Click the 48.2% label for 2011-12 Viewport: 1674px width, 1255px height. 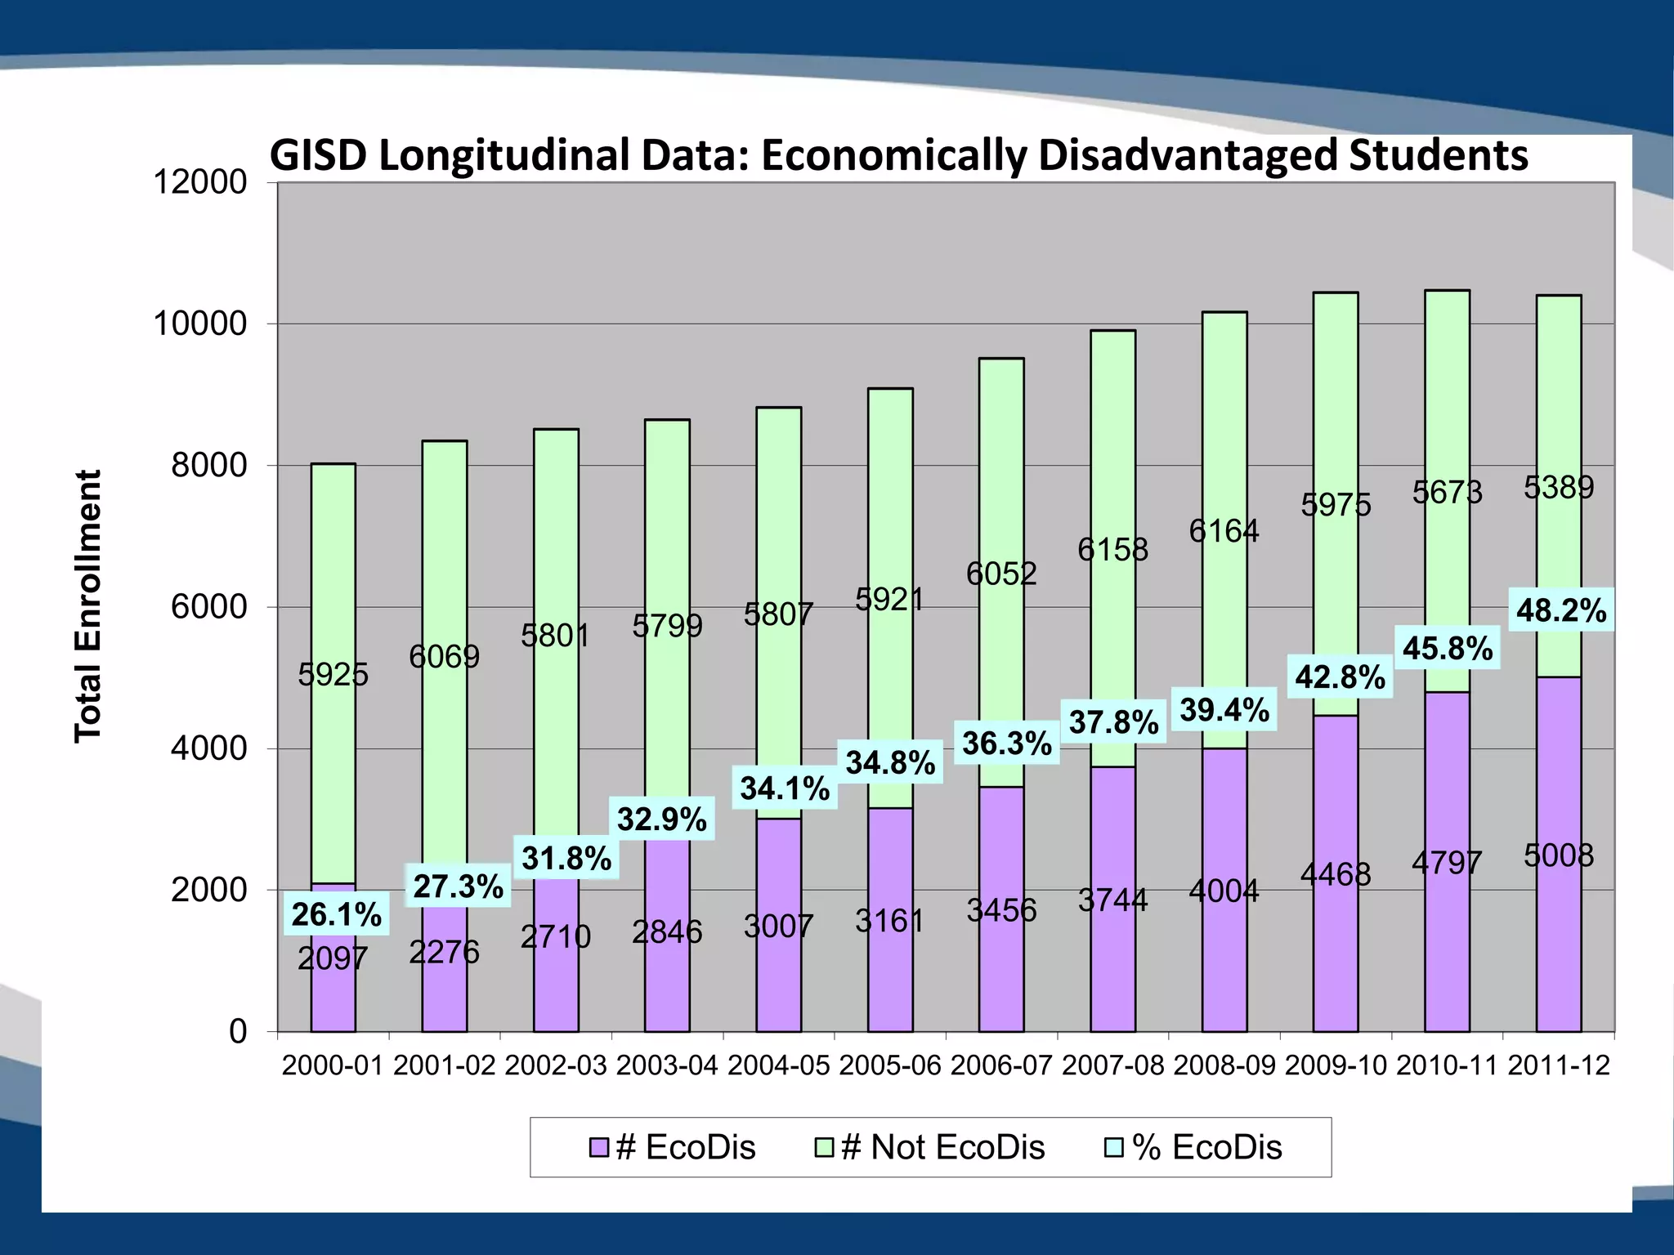1560,610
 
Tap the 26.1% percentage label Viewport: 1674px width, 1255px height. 336,914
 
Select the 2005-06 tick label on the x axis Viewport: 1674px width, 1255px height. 889,1065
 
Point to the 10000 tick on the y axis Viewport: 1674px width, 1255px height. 200,324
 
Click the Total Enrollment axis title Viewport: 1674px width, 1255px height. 88,606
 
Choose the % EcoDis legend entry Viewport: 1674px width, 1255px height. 1194,1147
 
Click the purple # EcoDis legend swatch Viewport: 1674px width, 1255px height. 599,1148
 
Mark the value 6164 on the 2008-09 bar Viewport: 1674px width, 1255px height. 1224,532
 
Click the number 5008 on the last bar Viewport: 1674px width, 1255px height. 1558,855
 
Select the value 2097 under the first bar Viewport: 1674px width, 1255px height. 333,958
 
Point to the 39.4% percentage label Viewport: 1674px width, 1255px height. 1224,710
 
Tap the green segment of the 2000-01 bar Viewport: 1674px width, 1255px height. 333,572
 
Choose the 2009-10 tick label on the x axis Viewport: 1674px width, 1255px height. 1336,1065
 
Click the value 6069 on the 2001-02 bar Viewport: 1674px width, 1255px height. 444,656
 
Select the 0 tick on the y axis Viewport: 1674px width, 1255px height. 238,1032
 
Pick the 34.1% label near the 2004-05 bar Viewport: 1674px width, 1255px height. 784,788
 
